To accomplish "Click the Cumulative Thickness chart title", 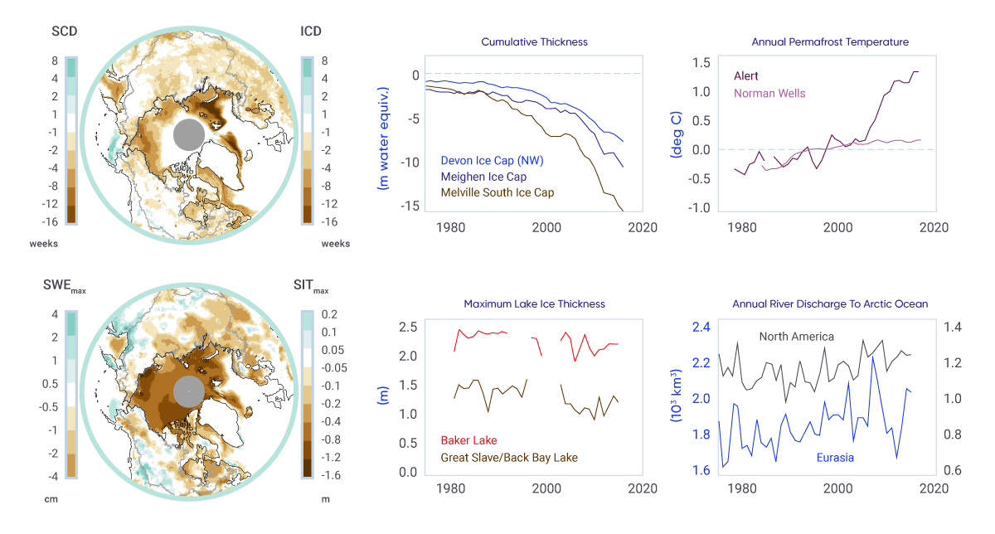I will [535, 41].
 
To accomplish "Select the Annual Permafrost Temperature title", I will [830, 41].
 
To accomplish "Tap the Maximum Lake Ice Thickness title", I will [535, 303].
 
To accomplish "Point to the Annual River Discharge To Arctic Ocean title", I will [830, 303].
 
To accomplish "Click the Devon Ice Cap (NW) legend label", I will [493, 160].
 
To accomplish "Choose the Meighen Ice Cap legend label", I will [484, 176].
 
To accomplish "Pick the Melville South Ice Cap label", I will [498, 192].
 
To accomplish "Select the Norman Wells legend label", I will [769, 93].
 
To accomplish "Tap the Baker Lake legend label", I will [469, 440].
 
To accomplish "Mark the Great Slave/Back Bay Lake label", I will [509, 457].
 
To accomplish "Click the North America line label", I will [797, 336].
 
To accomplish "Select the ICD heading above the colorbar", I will [311, 32].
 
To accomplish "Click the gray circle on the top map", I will [189, 135].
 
